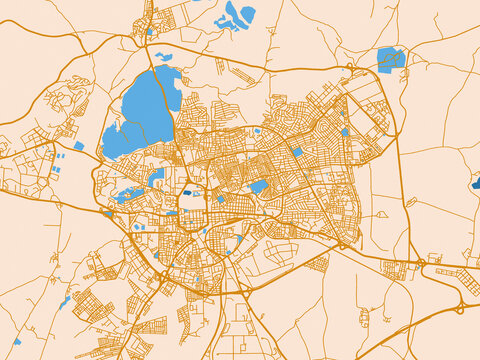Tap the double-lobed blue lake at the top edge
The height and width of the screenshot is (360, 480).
coord(238,15)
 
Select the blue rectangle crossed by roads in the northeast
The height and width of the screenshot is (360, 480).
coord(391,59)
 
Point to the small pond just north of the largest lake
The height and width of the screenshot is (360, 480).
coord(163,57)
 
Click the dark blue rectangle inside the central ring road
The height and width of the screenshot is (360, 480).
coord(188,191)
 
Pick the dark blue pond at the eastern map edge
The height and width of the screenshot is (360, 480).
coord(474,182)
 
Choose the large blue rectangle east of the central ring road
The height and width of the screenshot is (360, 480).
coord(258,187)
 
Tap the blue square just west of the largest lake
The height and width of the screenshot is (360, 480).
coord(78,146)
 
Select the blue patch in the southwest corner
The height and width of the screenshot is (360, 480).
coord(17,342)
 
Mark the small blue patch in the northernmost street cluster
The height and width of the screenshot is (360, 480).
coord(151,31)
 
